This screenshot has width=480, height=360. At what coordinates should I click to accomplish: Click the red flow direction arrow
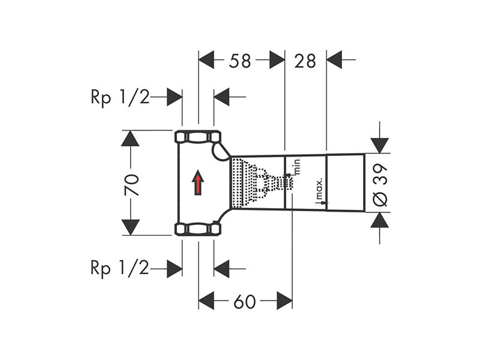(198, 182)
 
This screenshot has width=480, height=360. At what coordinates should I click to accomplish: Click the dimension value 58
(240, 61)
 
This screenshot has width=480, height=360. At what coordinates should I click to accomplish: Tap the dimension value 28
(305, 61)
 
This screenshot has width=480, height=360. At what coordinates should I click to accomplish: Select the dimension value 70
(132, 185)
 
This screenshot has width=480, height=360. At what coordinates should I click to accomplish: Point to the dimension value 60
(245, 302)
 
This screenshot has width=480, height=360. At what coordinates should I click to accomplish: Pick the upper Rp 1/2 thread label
(120, 98)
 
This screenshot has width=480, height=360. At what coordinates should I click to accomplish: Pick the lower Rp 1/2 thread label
(120, 268)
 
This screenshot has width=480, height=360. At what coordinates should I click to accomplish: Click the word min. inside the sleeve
(297, 167)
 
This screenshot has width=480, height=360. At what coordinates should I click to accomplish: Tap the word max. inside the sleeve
(319, 188)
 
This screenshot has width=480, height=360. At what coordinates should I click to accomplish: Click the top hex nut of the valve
(198, 137)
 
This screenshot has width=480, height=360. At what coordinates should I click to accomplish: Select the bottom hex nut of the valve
(198, 229)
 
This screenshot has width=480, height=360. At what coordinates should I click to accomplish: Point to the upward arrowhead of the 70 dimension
(130, 139)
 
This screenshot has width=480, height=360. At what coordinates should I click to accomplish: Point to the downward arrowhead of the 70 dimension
(130, 227)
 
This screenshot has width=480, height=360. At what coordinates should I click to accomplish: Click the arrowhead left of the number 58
(206, 59)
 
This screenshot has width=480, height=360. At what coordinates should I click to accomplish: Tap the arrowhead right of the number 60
(284, 301)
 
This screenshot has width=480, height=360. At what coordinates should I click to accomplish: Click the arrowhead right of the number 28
(334, 59)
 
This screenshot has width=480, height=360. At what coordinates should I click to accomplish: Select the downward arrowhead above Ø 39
(380, 145)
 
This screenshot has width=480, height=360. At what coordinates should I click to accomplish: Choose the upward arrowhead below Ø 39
(380, 220)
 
